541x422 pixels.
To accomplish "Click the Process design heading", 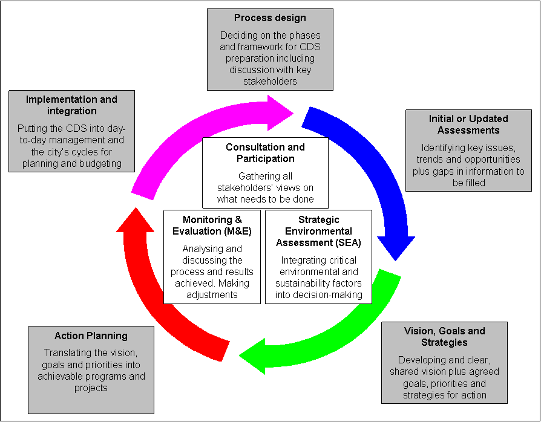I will [270, 18].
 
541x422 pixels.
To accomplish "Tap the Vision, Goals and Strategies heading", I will [444, 337].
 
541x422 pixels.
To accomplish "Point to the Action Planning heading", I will [91, 336].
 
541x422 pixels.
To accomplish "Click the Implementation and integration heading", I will [71, 105].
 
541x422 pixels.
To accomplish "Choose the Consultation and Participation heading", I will [265, 153].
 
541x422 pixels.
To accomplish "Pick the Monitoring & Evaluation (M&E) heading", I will [212, 226].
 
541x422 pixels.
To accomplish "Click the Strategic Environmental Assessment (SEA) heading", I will [318, 231].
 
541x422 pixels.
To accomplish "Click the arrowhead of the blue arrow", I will [396, 248].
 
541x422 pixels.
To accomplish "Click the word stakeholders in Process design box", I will [270, 81].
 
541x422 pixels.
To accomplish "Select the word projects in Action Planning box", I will [91, 388].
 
